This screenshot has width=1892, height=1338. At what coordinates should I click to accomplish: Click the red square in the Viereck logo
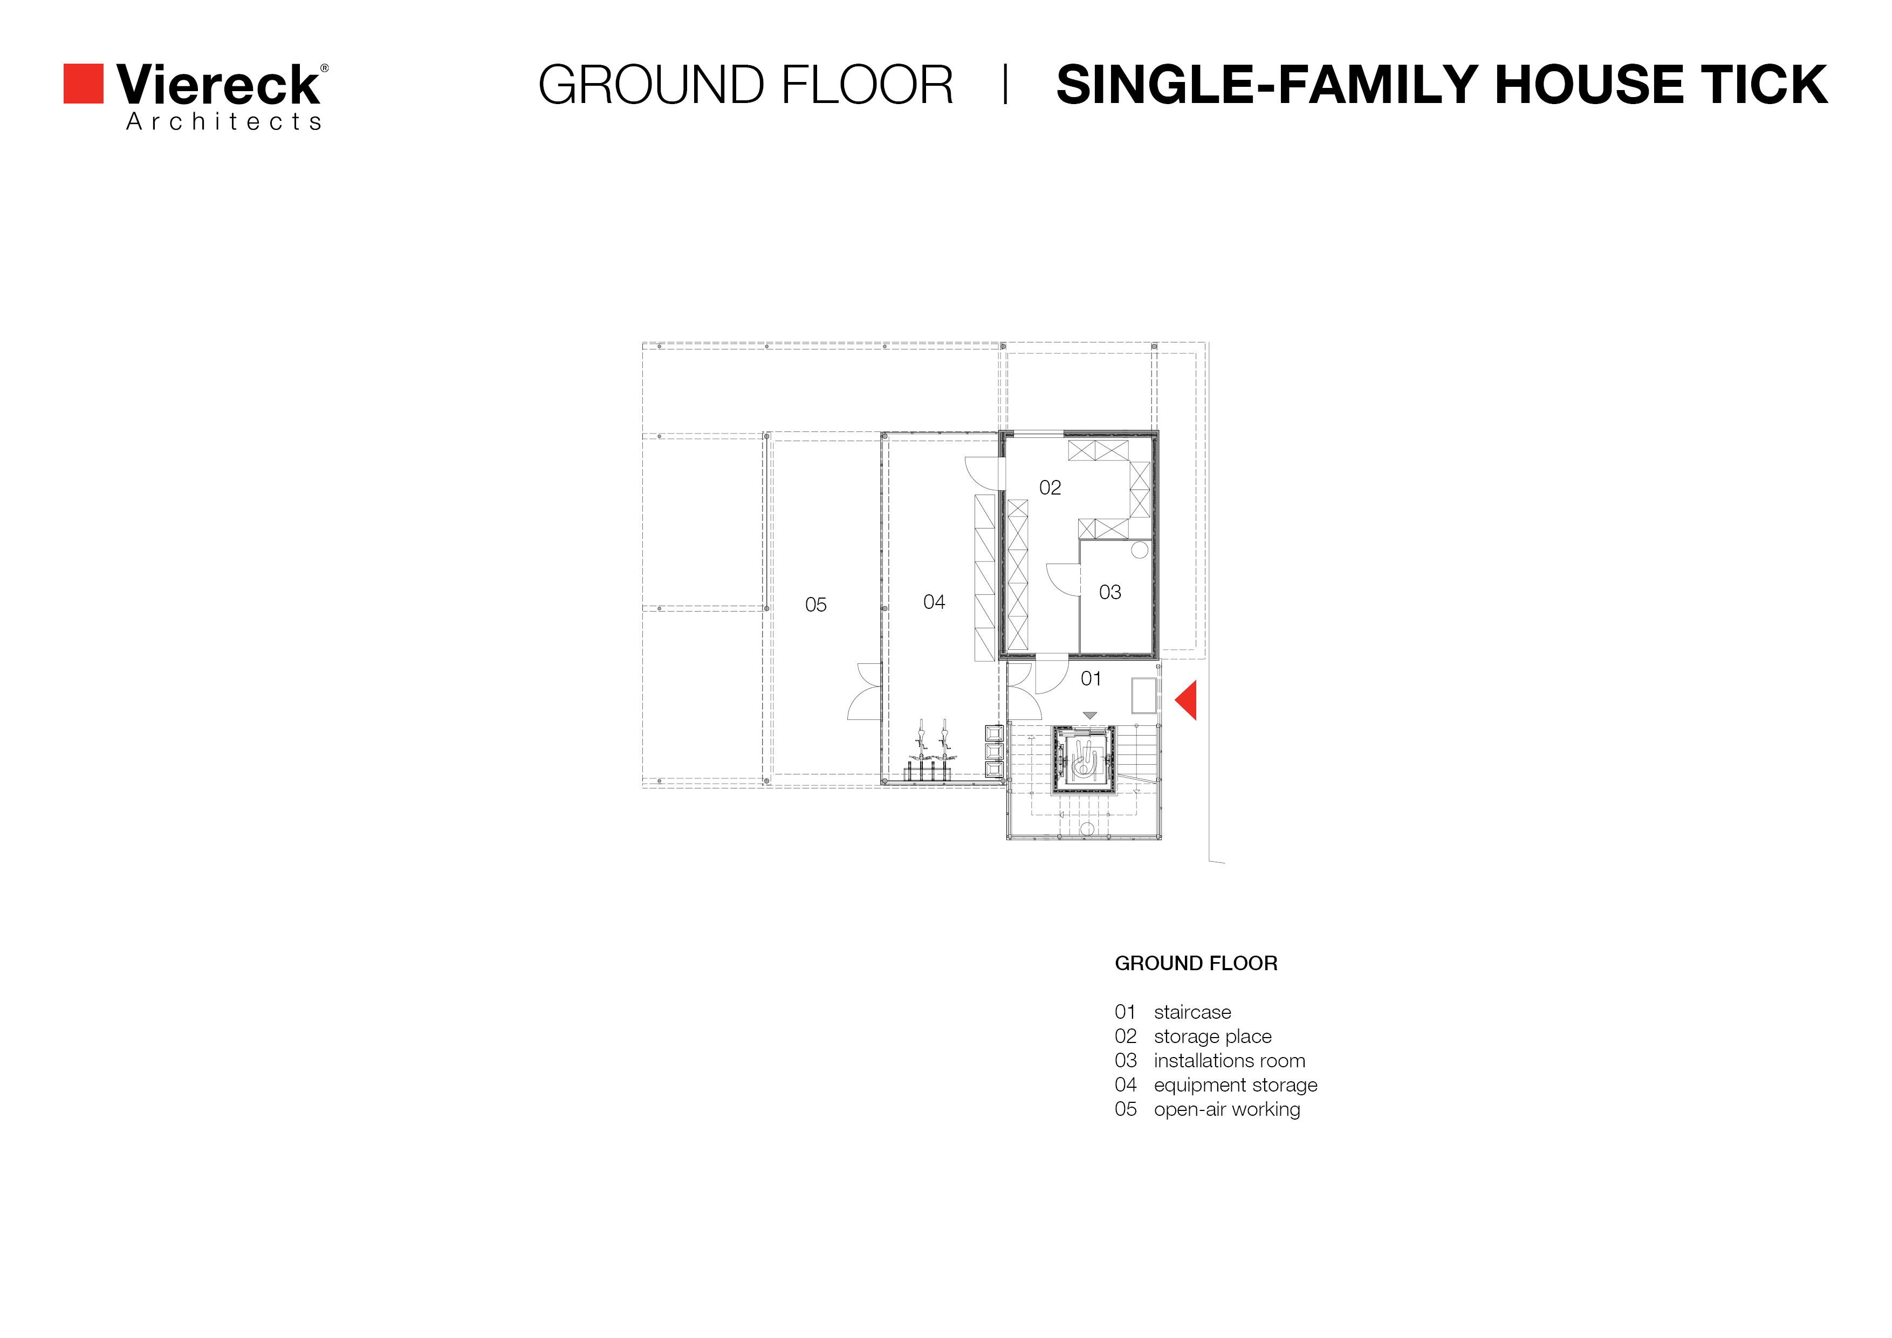pyautogui.click(x=83, y=83)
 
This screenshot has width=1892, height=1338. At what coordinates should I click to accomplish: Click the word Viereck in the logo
pyautogui.click(x=218, y=84)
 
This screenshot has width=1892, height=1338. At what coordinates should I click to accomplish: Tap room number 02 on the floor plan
pyautogui.click(x=1050, y=488)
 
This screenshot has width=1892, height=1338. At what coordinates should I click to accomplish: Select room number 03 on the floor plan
pyautogui.click(x=1110, y=592)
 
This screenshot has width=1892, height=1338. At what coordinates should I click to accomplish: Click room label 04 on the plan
pyautogui.click(x=934, y=602)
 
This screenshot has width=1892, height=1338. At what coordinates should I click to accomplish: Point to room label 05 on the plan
pyautogui.click(x=816, y=605)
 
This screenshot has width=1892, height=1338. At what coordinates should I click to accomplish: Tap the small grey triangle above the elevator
pyautogui.click(x=1090, y=715)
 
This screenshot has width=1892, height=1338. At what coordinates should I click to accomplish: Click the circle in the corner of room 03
pyautogui.click(x=1140, y=550)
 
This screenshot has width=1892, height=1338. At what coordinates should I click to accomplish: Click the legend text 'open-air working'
pyautogui.click(x=1227, y=1110)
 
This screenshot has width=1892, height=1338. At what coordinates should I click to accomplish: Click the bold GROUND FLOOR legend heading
pyautogui.click(x=1196, y=963)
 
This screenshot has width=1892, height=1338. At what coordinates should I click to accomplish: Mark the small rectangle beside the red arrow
pyautogui.click(x=1144, y=695)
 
